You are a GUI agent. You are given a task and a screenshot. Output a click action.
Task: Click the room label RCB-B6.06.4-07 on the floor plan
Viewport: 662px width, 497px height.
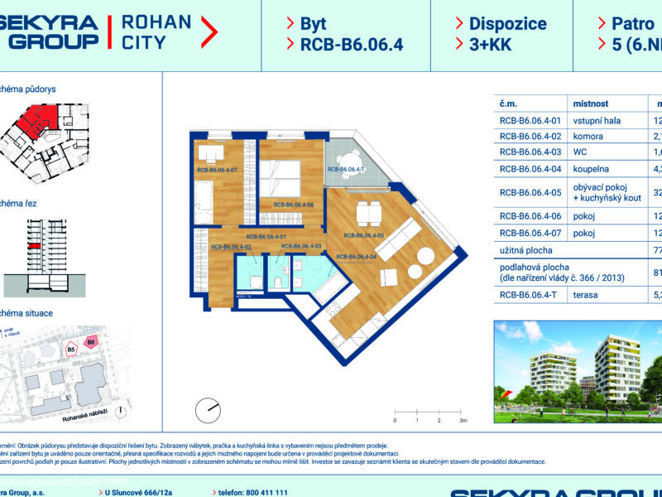click(217, 171)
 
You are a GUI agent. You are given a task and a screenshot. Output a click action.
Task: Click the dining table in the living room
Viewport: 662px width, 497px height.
click(367, 214)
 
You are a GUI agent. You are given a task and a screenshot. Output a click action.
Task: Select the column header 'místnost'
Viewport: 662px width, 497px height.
click(591, 104)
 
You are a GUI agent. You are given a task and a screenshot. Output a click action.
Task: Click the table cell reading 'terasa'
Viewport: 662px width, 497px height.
click(586, 293)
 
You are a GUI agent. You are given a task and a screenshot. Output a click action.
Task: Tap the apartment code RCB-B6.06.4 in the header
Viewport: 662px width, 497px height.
click(352, 45)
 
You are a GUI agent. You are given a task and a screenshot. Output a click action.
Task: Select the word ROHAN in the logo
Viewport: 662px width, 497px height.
click(156, 22)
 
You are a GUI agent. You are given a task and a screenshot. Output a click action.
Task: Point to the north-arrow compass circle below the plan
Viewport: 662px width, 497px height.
click(208, 409)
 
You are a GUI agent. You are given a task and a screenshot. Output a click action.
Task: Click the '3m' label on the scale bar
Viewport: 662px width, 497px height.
click(463, 421)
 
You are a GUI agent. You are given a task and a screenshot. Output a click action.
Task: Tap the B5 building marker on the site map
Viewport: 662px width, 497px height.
click(70, 350)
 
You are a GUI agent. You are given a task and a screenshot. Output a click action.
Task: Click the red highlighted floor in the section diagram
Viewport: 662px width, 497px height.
click(34, 247)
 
